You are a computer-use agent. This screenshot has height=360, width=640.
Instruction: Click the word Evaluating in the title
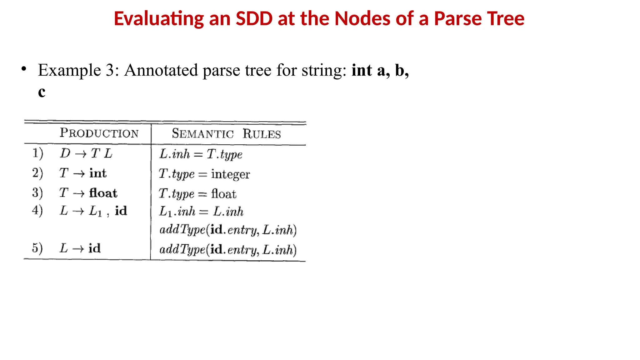point(159,19)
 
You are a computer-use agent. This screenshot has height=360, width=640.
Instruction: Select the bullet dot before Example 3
point(24,69)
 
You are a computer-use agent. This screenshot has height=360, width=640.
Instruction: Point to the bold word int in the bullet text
point(362,70)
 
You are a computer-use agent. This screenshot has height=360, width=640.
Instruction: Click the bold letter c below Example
point(42,92)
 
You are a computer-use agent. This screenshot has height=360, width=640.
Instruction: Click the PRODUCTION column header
point(99,133)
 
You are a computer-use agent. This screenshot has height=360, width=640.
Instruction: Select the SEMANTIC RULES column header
point(226,134)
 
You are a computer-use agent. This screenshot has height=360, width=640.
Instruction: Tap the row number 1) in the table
point(37,153)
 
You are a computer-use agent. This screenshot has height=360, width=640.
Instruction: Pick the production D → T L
point(86,153)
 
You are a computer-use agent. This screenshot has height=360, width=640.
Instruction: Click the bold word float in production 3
point(103,193)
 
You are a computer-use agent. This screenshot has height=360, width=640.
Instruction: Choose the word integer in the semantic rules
point(230,174)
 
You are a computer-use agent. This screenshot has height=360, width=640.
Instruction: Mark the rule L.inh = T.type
point(201,154)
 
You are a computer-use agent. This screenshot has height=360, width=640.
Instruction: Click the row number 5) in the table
point(37,248)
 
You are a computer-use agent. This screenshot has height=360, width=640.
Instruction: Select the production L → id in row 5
point(80,248)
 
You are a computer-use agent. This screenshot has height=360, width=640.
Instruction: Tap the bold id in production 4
point(121,211)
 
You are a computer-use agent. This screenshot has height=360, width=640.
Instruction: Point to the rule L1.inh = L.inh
point(201,212)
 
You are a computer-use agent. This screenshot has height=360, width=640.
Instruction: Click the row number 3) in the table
point(37,192)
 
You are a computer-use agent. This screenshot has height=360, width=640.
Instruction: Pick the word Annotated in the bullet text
point(161,70)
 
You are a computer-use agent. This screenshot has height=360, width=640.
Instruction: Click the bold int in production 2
point(98,173)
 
